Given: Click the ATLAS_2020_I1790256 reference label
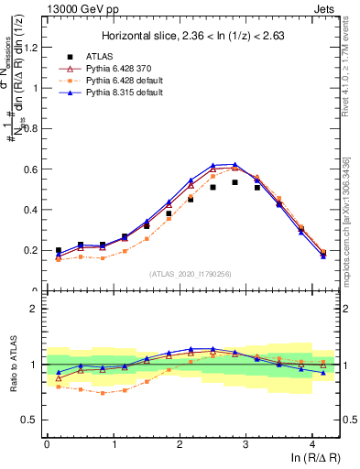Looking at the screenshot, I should pyautogui.click(x=191, y=273).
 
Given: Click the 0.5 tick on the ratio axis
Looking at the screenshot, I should pyautogui.click(x=30, y=420).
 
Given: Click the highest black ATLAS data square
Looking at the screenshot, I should pyautogui.click(x=235, y=182).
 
